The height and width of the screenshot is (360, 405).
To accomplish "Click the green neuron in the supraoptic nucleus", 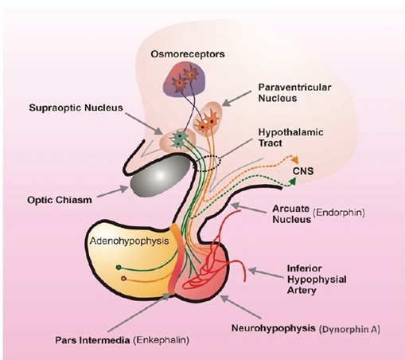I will point(180,137).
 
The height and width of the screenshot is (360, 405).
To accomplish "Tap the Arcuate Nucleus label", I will point(287,213).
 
